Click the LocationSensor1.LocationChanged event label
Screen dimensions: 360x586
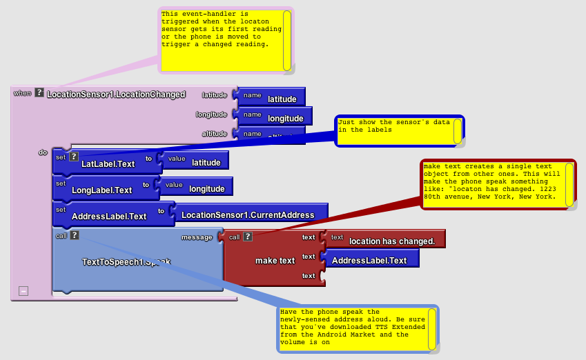116,94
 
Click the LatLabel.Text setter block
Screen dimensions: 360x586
108,163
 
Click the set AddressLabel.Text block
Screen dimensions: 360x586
109,216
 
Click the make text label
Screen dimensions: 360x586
275,260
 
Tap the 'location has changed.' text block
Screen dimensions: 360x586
391,241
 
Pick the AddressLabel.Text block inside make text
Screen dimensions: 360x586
369,260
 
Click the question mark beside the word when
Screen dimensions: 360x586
39,92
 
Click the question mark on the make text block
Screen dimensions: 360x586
247,237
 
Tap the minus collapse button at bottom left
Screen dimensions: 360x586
23,291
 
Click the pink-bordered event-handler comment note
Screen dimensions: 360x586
221,39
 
